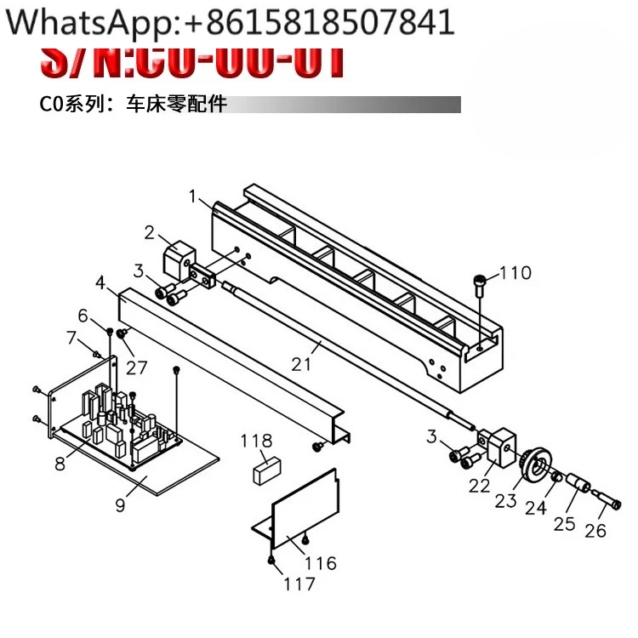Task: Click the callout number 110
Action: point(516,273)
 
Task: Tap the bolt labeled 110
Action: point(481,282)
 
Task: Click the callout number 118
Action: point(256,441)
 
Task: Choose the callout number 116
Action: point(320,562)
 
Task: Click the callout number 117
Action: point(299,584)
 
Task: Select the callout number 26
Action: point(596,530)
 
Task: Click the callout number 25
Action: point(565,522)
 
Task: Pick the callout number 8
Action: point(60,464)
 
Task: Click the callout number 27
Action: point(137,367)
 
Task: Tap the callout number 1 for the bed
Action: point(193,197)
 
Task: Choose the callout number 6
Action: point(83,316)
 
